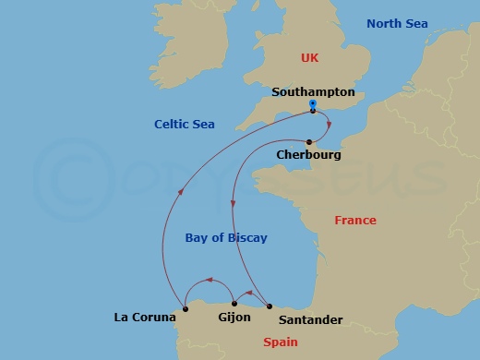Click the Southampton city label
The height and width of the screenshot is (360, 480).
tap(314, 92)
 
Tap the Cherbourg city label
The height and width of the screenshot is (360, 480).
tap(308, 155)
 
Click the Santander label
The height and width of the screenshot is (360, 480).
tap(309, 320)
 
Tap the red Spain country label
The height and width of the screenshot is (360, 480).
tap(281, 342)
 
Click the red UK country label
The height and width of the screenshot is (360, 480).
tap(309, 58)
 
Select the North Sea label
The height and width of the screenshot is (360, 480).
tap(397, 23)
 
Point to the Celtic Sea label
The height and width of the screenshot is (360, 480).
tap(186, 125)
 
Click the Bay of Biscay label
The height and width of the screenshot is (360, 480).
tap(226, 237)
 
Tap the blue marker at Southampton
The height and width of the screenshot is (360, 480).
tap(313, 105)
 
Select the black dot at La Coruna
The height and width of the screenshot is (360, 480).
tap(186, 307)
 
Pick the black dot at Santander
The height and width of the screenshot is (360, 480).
tap(269, 306)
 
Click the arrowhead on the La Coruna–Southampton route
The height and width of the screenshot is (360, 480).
tap(179, 192)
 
